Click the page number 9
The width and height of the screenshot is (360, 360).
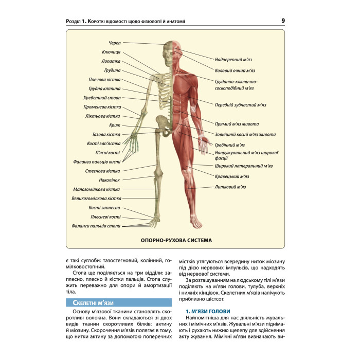pos(284,21)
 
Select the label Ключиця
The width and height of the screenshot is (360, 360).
pos(111,52)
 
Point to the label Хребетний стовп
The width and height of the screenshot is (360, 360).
pos(102,98)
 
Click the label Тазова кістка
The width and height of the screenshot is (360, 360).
pos(106,134)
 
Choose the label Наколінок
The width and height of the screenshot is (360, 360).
pos(110,180)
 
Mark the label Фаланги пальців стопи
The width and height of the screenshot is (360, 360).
pos(96,226)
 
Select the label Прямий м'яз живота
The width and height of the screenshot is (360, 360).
pos(237,124)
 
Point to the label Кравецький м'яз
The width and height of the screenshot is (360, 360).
pos(232,176)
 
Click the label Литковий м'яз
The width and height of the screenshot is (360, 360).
pos(230,187)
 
